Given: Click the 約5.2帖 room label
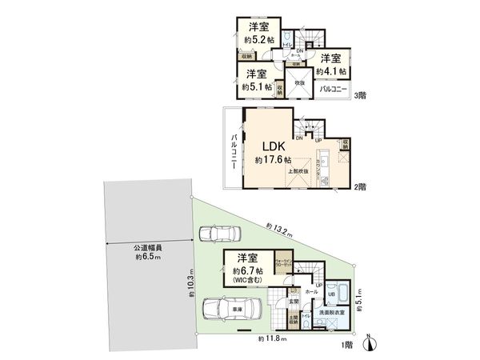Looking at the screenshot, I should point(258,38).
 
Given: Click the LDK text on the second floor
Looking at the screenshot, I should point(270,146).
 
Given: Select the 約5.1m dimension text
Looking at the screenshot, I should point(361,300).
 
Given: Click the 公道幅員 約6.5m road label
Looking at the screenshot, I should point(148,253).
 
